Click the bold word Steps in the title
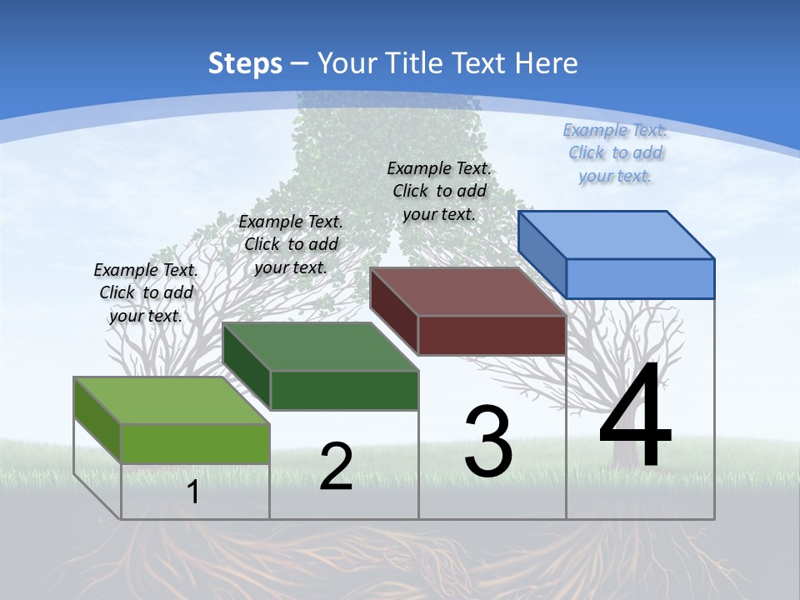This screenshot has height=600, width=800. [244, 63]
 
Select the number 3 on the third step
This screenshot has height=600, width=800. [488, 442]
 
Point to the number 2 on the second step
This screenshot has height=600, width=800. [336, 467]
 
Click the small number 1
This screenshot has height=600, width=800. [193, 492]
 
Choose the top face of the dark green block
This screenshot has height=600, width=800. [321, 347]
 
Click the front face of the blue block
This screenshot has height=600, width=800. [640, 278]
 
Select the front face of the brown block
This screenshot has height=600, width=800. [492, 335]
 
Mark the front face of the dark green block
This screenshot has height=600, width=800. [344, 390]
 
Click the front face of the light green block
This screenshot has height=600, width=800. [195, 443]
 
